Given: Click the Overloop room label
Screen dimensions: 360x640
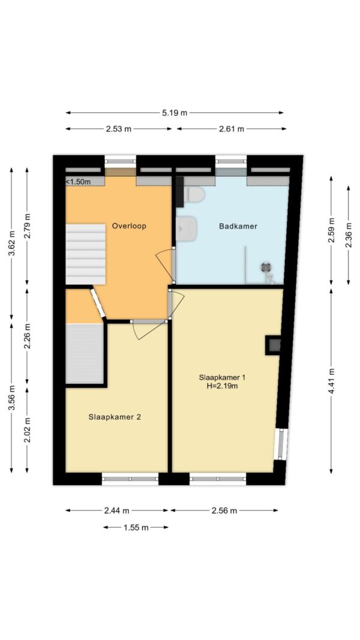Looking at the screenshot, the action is point(129,226).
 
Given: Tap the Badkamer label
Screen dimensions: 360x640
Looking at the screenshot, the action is point(238,226).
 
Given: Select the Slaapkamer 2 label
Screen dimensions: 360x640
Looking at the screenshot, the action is point(115,417).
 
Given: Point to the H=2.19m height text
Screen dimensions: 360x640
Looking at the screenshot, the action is point(222,385).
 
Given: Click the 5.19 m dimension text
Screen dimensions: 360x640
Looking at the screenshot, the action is point(175,113).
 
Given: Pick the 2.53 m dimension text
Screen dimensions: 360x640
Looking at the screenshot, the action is point(119,129).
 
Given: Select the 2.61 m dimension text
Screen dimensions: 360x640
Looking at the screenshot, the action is point(232,129).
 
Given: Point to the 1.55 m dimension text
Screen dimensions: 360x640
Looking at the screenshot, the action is point(136,528).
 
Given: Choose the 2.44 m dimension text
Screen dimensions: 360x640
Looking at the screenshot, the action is point(117,510).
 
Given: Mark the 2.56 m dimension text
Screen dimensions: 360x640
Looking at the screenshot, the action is point(224,510).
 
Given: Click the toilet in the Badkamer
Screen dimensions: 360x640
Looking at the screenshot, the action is point(193,194).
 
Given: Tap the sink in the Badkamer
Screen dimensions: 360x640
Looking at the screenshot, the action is point(187,227).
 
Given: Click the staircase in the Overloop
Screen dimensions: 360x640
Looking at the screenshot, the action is point(86,254).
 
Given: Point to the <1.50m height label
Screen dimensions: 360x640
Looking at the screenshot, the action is point(79,182).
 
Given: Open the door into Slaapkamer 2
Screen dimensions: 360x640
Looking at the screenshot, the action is point(149,321).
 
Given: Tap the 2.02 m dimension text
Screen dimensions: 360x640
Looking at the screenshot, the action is point(28,430).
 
